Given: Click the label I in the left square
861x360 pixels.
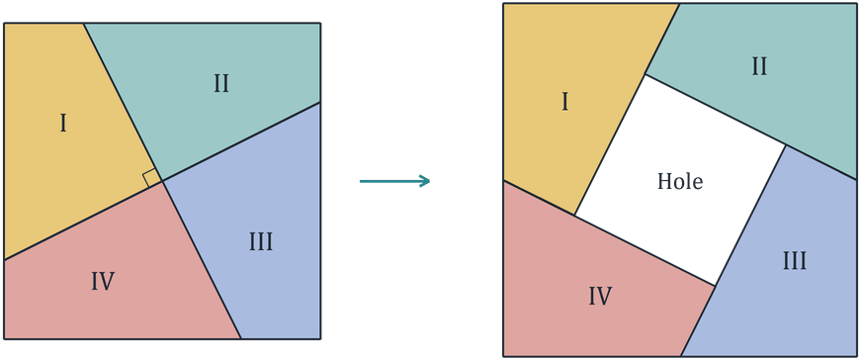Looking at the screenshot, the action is (63, 125).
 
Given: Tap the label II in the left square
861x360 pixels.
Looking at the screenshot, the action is (220, 85).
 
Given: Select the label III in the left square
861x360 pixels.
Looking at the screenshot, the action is (261, 242).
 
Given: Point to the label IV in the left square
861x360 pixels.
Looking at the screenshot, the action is (103, 282).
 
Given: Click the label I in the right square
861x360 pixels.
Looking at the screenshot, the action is (565, 102).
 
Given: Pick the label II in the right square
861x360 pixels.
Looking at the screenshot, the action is (759, 67).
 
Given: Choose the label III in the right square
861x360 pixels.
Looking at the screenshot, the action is (795, 261).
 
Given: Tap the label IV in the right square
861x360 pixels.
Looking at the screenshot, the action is (600, 297).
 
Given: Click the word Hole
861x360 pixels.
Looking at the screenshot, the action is (680, 181).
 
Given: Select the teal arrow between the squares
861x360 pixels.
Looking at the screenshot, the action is (394, 181).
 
